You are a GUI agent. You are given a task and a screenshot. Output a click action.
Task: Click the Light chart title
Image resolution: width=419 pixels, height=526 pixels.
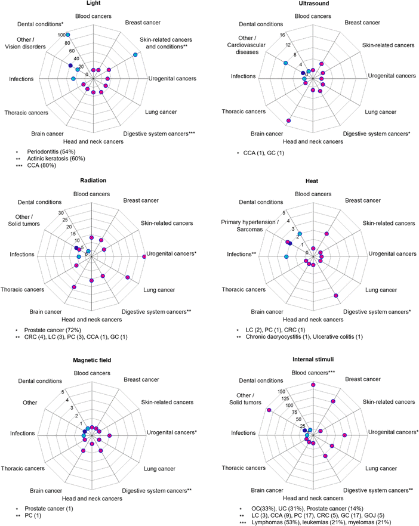(x=93, y=3)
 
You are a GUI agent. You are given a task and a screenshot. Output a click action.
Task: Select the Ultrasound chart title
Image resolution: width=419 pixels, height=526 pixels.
(x=314, y=4)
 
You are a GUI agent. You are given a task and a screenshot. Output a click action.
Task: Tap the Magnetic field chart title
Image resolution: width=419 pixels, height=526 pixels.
(x=92, y=360)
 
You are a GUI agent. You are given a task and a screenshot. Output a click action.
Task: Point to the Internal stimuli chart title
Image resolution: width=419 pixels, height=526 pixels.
(x=313, y=360)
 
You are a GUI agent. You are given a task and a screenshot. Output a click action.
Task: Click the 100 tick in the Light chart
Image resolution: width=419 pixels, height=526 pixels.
(x=61, y=35)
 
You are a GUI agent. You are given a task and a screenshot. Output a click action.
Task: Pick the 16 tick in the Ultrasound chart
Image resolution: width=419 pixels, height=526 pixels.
(x=282, y=35)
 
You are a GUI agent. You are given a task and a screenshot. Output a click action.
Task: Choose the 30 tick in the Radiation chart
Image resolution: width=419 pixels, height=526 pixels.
(x=61, y=213)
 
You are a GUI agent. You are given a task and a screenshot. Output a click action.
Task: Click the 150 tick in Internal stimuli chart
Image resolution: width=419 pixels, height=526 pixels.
(x=281, y=391)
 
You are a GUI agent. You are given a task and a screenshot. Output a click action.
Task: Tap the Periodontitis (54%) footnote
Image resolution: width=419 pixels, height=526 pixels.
(x=51, y=151)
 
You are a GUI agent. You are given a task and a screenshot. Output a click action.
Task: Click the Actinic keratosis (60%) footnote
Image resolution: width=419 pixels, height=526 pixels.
(x=56, y=159)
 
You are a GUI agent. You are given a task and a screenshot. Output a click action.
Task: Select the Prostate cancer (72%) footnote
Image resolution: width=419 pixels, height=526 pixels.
(x=53, y=330)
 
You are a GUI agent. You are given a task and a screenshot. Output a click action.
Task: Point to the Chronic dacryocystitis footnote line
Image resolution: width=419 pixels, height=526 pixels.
(x=304, y=337)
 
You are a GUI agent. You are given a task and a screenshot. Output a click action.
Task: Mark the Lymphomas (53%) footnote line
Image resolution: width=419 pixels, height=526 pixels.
(x=321, y=522)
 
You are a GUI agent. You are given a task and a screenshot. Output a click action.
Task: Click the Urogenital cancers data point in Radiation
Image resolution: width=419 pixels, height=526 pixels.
(x=144, y=256)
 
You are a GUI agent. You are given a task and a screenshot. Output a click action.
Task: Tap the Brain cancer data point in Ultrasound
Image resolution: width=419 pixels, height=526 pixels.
(x=288, y=120)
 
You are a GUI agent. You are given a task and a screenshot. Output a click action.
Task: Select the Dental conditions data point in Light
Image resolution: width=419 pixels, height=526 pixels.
(x=67, y=35)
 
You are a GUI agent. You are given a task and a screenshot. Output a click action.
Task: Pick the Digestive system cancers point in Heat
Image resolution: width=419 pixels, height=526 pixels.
(x=335, y=296)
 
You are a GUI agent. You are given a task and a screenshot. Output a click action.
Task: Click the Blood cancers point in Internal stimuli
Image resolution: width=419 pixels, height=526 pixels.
(x=313, y=385)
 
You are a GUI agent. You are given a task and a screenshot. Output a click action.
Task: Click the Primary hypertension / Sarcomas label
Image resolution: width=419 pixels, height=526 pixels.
(x=249, y=226)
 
